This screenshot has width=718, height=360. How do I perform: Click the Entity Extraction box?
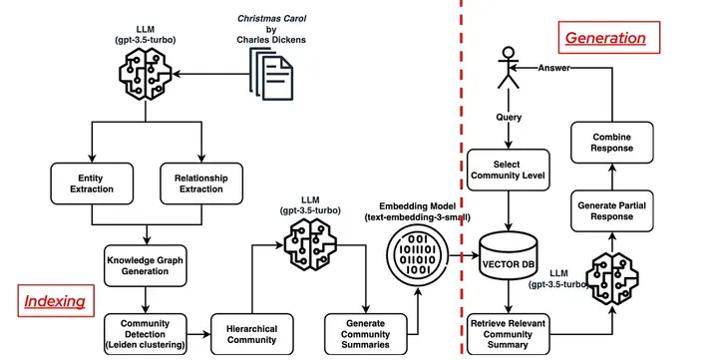92,183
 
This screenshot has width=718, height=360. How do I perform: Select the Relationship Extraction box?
201,183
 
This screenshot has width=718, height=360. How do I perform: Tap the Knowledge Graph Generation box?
146,265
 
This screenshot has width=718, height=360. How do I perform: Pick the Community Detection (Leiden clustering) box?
146,334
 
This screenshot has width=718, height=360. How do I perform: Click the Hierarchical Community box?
252,334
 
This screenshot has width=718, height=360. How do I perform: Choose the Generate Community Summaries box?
365,334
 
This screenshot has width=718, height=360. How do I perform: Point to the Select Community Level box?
509,170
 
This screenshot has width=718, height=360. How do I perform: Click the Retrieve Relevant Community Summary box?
509,334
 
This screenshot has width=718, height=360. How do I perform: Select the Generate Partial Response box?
611,211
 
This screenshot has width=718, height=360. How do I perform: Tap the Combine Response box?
611,143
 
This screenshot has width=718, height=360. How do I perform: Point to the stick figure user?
509,68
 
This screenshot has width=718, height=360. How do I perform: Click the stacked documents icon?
271,74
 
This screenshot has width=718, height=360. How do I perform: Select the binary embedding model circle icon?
418,255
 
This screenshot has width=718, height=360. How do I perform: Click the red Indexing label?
56,301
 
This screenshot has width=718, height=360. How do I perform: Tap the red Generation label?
605,38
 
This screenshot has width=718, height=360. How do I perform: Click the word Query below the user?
509,118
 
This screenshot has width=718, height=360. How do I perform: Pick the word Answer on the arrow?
554,68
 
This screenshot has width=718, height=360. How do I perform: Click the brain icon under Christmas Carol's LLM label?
146,73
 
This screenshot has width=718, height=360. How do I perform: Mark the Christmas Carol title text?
271,19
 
